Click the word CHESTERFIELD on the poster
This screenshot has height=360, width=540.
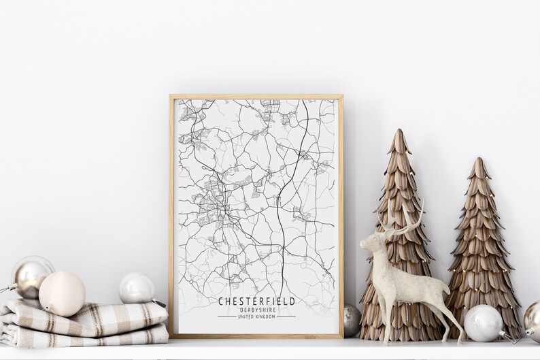(x=256, y=301)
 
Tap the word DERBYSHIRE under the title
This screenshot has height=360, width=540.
(x=256, y=310)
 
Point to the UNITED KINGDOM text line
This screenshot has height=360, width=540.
(x=256, y=316)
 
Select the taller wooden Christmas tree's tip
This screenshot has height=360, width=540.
(x=399, y=133)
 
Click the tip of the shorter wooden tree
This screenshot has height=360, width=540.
(x=479, y=161)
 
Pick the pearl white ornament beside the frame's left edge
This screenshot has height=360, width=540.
(x=137, y=288)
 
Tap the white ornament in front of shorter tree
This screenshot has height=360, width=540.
(x=483, y=323)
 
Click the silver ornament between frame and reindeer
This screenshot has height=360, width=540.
(x=351, y=320)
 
